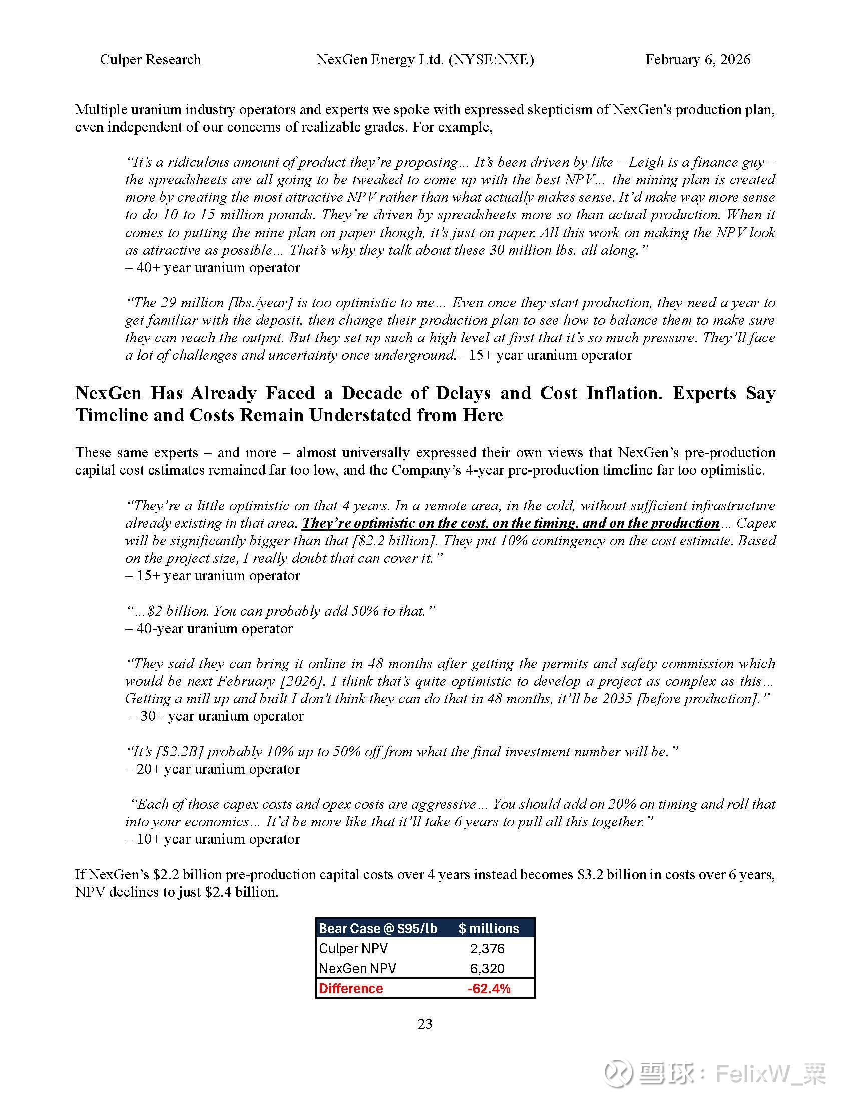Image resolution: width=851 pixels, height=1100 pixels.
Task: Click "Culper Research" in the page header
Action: (x=150, y=60)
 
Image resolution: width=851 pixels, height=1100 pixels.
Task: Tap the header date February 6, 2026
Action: (x=697, y=60)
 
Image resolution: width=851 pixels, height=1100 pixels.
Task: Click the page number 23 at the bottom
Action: (x=425, y=1024)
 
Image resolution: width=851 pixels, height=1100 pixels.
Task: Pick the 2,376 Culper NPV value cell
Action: (x=487, y=949)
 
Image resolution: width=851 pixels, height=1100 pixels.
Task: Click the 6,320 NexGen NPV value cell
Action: (x=487, y=968)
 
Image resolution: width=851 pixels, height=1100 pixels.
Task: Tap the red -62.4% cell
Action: (x=489, y=988)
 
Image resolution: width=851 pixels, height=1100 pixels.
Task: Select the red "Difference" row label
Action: (x=351, y=988)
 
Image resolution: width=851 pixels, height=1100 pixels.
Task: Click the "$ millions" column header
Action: (x=489, y=929)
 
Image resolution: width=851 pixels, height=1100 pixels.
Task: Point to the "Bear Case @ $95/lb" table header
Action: (x=378, y=929)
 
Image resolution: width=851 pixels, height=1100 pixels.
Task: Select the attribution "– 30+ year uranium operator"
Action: (x=217, y=716)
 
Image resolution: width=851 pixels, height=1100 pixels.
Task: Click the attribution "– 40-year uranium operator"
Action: (x=209, y=628)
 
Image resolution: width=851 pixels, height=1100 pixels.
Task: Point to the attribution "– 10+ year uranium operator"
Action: (x=213, y=839)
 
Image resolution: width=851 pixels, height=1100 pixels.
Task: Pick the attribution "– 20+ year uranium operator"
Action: (x=213, y=769)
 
